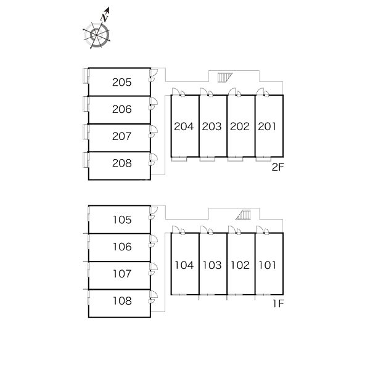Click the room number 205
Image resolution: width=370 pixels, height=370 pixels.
[x=121, y=82]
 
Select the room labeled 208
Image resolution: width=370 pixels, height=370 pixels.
[x=121, y=163]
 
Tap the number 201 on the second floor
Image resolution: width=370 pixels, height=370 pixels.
[x=267, y=126]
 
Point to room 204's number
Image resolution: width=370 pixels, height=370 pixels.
[x=184, y=126]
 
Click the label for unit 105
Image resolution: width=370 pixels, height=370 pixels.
[x=122, y=220]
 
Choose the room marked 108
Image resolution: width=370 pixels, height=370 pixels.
[x=122, y=301]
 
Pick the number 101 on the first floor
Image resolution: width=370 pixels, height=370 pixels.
[x=268, y=265]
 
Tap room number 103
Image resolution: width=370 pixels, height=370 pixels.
[x=212, y=265]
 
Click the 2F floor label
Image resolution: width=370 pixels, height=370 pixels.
[x=277, y=167]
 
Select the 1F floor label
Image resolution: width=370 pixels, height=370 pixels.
[x=278, y=303]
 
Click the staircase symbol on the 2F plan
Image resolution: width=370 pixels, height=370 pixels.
[x=224, y=78]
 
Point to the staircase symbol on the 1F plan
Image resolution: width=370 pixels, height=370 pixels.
[x=244, y=215]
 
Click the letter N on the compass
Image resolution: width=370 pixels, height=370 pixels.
[x=105, y=18]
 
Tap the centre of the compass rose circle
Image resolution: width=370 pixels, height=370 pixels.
[x=97, y=35]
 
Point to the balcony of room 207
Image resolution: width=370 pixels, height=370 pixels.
[x=86, y=132]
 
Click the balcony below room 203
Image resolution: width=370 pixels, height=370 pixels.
[x=207, y=159]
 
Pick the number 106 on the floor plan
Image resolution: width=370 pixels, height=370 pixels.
[x=122, y=247]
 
